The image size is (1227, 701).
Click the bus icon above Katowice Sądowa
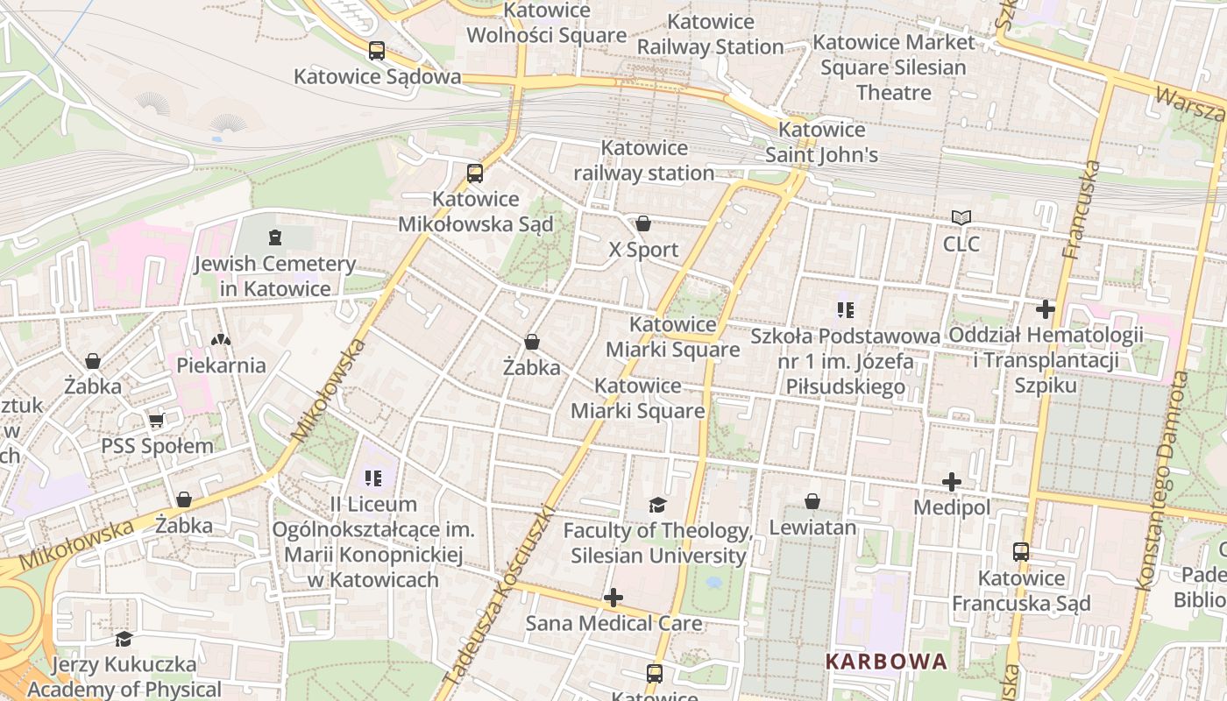coord(377,51)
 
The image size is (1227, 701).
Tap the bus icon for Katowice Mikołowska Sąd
coord(475,173)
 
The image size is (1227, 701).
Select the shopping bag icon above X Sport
coord(643,223)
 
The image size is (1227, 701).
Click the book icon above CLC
coord(961,217)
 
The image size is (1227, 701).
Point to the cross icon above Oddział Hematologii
coord(1046,308)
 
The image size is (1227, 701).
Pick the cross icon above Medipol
coord(952,481)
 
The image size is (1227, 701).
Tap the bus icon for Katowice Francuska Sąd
coord(1021,552)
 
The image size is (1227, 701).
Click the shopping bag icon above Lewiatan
coord(812,501)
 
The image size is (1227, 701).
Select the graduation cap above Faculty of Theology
coord(657,505)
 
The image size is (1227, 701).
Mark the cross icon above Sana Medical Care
coord(613,598)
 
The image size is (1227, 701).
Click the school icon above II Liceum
coord(373,478)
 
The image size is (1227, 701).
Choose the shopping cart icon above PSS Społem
coord(157,420)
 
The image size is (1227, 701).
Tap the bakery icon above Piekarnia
coord(221,339)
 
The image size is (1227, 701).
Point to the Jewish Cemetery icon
coord(275,237)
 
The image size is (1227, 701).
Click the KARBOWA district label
coord(886,662)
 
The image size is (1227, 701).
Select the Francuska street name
coord(1081,210)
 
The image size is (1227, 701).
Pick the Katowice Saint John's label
coord(821,143)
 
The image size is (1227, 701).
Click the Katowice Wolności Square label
coord(547,24)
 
